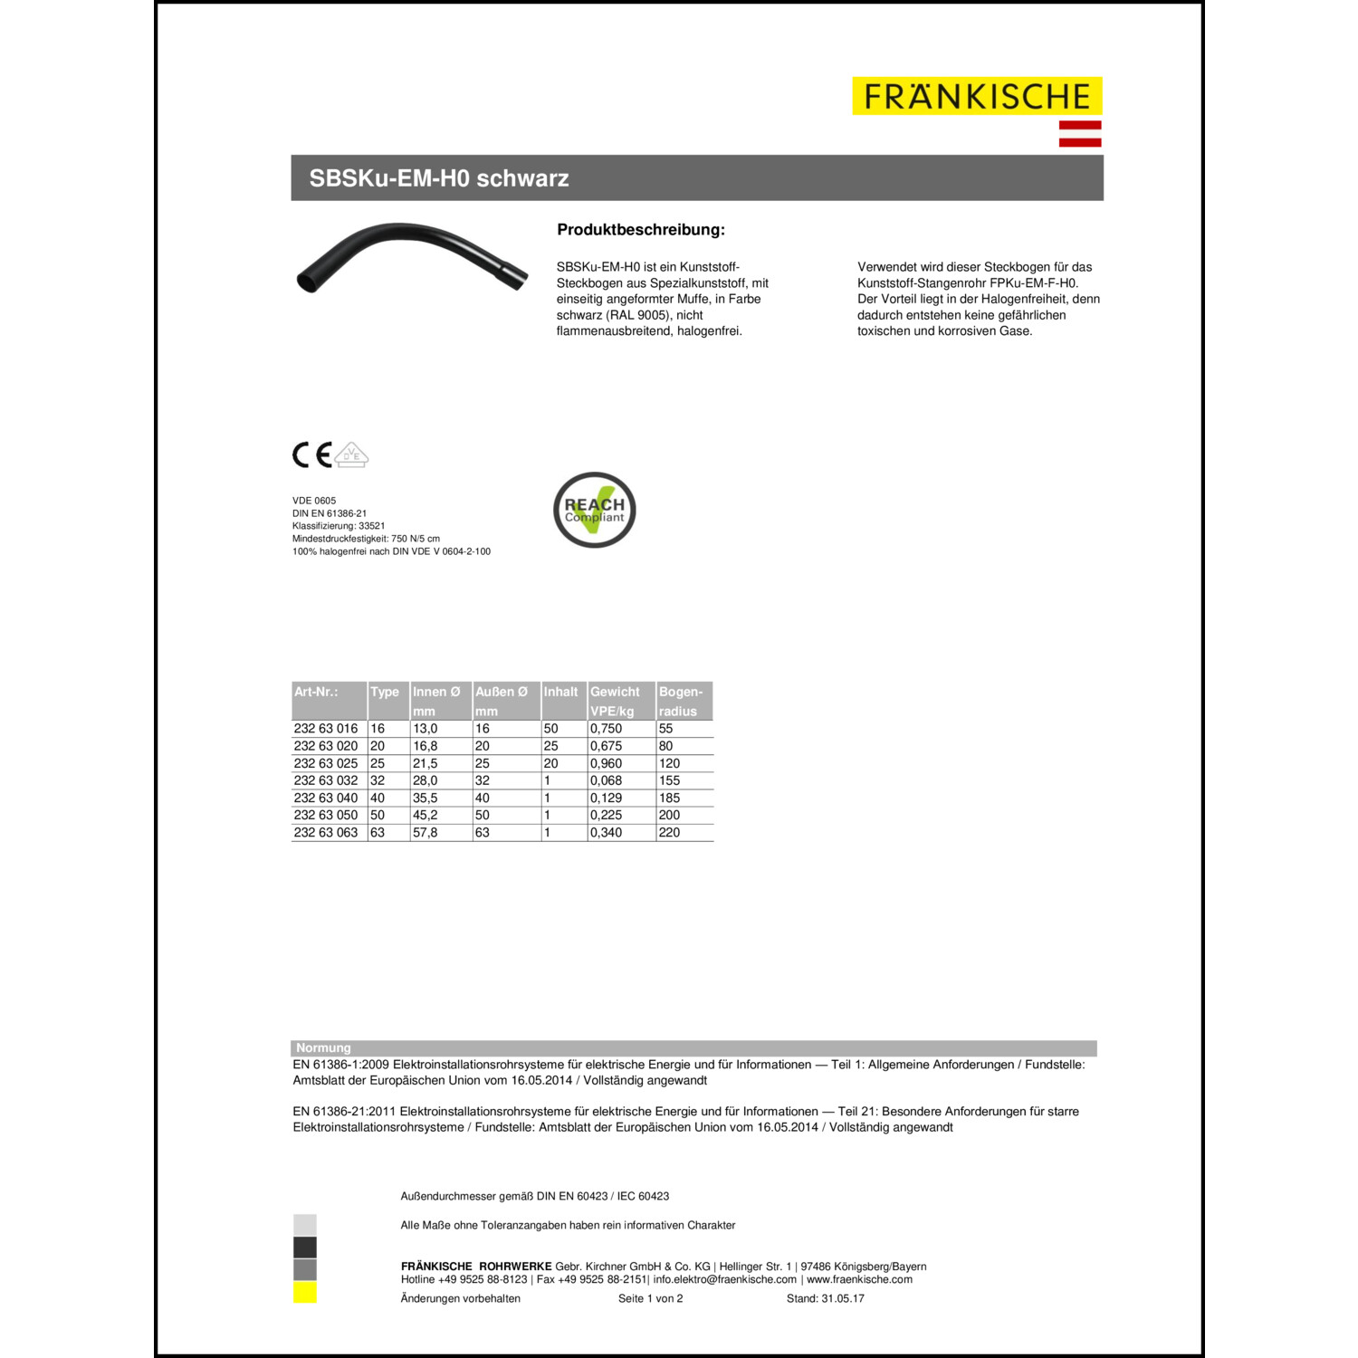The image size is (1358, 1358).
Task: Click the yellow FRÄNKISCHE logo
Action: pyautogui.click(x=977, y=96)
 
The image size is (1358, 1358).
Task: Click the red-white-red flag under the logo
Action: pyautogui.click(x=1080, y=133)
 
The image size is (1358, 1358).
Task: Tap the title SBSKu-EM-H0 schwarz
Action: pyautogui.click(x=439, y=178)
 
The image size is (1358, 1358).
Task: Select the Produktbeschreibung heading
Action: pyautogui.click(x=641, y=230)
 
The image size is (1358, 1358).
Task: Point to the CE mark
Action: pyautogui.click(x=311, y=454)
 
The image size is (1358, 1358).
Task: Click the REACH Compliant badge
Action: pyautogui.click(x=595, y=510)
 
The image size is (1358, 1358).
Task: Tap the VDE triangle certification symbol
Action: pyautogui.click(x=352, y=454)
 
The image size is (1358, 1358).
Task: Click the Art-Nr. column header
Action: pyautogui.click(x=316, y=692)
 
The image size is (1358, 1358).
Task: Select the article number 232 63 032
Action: pyautogui.click(x=326, y=780)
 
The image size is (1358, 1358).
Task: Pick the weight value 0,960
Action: pyautogui.click(x=606, y=763)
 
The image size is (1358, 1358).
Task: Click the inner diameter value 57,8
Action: pyautogui.click(x=425, y=832)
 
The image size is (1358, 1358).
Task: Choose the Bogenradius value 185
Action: pyautogui.click(x=669, y=798)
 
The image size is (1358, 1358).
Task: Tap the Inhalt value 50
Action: pyautogui.click(x=550, y=728)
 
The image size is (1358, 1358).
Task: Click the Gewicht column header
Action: pyautogui.click(x=615, y=692)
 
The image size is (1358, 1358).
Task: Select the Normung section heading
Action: pyautogui.click(x=323, y=1047)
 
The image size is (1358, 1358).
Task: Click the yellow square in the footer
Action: pyautogui.click(x=305, y=1293)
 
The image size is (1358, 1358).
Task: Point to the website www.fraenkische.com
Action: pyautogui.click(x=859, y=1279)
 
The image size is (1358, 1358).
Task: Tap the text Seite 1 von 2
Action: pyautogui.click(x=650, y=1298)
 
